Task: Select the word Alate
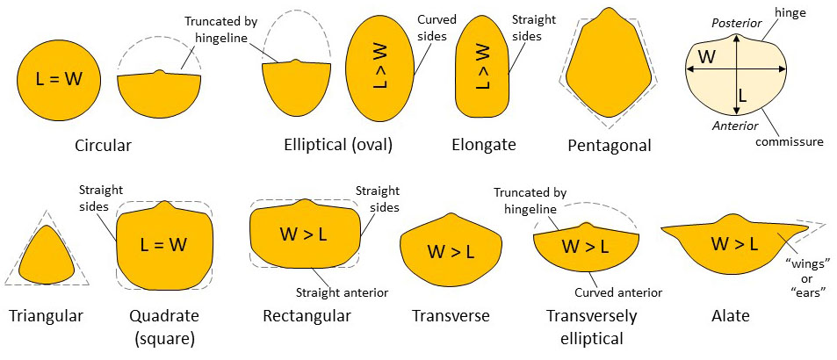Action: [x=729, y=315]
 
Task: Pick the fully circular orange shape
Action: [x=61, y=80]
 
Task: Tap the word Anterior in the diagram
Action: [x=735, y=126]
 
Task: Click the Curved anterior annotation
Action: [x=618, y=292]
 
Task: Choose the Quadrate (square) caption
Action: [x=166, y=325]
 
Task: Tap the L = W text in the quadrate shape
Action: [x=165, y=245]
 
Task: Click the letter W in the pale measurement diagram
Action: [x=704, y=59]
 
